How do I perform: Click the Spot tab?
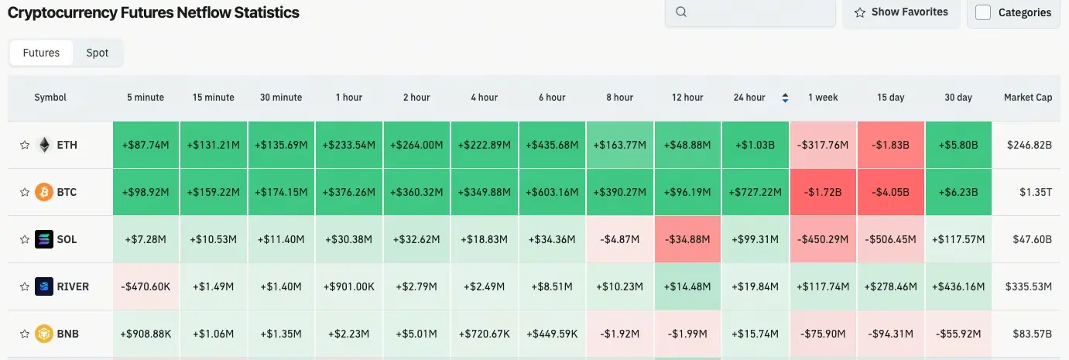click(98, 53)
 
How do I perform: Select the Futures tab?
click(41, 53)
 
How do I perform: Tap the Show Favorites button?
click(901, 12)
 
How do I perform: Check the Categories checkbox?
click(983, 12)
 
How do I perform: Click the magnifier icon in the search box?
click(681, 12)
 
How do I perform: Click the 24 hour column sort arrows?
click(786, 98)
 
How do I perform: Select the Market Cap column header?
click(1027, 98)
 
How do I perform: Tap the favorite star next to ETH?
click(24, 145)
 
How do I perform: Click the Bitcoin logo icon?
click(44, 192)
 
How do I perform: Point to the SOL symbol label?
click(67, 239)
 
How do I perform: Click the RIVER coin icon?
click(44, 286)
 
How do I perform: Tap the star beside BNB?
click(24, 334)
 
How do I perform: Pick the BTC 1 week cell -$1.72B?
click(823, 192)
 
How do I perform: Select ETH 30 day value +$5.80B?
click(958, 145)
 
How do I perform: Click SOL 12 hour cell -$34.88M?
click(687, 239)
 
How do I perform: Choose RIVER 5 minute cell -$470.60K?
click(146, 286)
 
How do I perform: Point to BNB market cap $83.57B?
click(1029, 334)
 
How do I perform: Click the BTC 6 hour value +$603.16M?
click(552, 192)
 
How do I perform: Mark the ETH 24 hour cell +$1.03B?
click(755, 145)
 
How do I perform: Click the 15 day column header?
click(890, 98)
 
